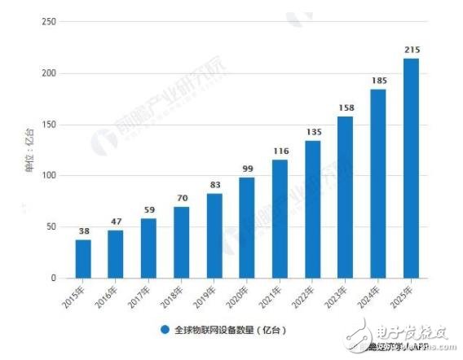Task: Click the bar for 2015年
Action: point(83,258)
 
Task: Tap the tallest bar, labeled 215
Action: point(412,168)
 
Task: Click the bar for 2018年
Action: point(182,242)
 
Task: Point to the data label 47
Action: point(116,222)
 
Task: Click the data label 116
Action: point(280,151)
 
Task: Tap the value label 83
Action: point(214,186)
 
